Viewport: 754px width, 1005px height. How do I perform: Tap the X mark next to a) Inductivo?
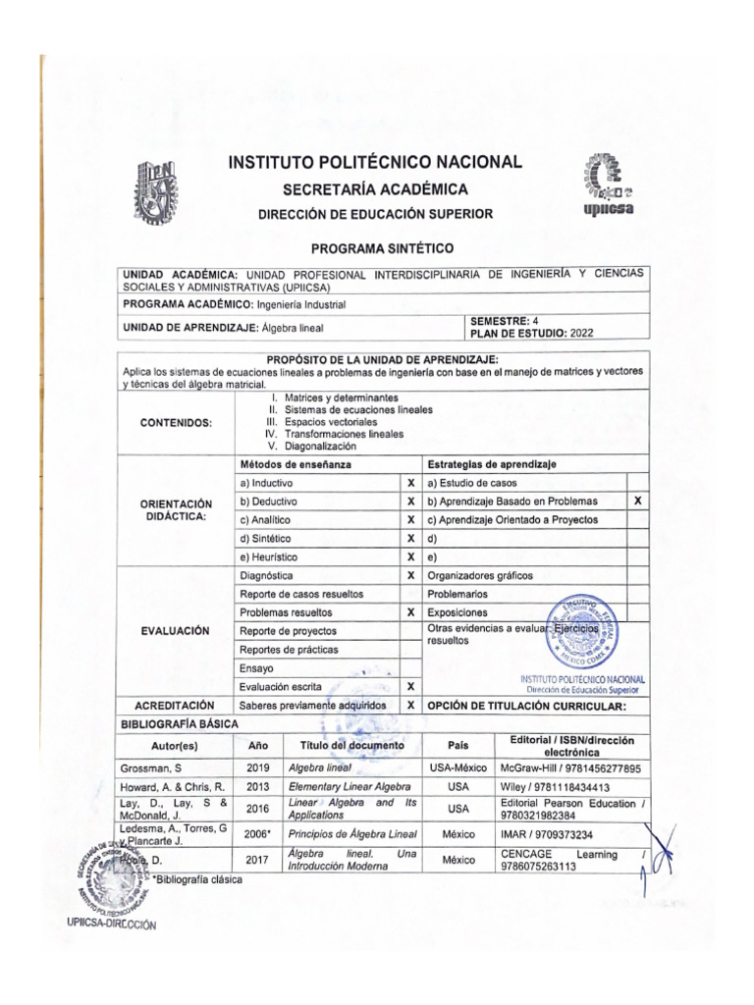[x=410, y=484]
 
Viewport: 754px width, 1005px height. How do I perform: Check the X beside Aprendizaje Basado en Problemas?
[x=637, y=501]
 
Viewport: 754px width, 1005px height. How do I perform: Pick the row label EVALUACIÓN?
[x=176, y=630]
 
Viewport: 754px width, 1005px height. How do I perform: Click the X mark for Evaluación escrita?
[x=410, y=686]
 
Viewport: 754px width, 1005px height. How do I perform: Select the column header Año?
[x=258, y=745]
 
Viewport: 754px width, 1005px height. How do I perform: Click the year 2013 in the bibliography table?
[x=258, y=787]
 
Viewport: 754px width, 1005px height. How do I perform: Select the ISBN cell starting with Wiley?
[x=555, y=787]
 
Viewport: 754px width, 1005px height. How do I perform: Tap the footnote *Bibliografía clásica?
[x=196, y=879]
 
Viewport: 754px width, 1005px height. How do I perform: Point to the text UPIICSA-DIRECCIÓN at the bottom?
[x=111, y=925]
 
